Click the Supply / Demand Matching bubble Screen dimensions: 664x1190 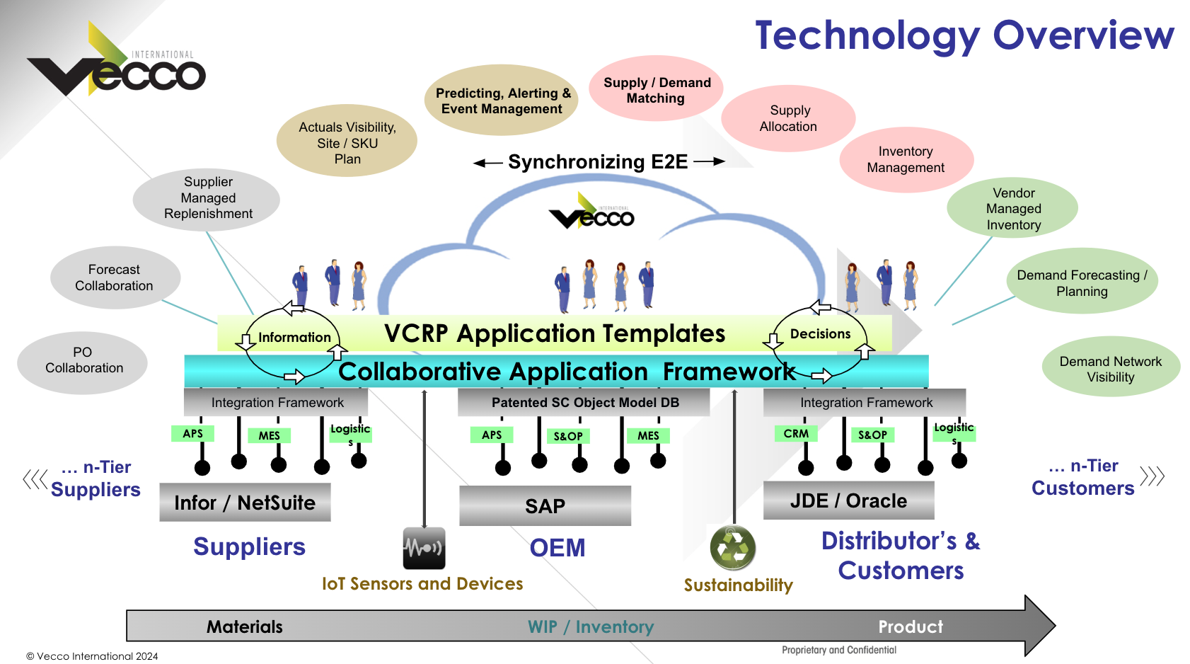(656, 90)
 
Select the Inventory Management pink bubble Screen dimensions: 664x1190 (906, 160)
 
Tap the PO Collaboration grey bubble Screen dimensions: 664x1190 (83, 361)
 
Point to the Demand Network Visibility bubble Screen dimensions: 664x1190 (1110, 369)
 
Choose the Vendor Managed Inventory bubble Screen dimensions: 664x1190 (1013, 209)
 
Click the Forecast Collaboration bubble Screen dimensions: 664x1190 (115, 277)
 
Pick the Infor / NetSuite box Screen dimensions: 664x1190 (245, 503)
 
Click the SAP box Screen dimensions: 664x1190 (545, 506)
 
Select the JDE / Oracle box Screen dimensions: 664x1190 (848, 501)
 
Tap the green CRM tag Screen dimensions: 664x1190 (796, 433)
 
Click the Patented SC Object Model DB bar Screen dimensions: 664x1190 (584, 403)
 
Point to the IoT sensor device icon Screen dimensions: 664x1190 (424, 548)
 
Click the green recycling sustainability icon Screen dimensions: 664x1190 (733, 548)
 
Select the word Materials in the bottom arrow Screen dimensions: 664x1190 (245, 627)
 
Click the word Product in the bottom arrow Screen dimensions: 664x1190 (910, 627)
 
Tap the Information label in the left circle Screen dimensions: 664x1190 (294, 338)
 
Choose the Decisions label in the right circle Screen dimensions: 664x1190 (820, 334)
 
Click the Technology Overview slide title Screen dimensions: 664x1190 (964, 35)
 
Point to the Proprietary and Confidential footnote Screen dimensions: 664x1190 (838, 650)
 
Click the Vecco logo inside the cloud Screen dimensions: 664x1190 (592, 212)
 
